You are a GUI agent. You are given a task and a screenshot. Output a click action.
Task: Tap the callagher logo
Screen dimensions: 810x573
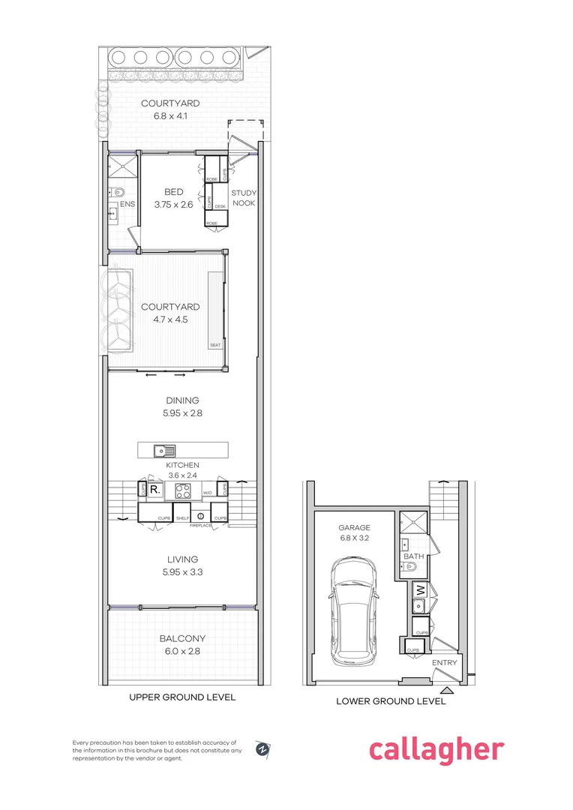pos(436,749)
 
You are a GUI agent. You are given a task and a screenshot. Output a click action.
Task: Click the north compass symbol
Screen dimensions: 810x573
pos(263,748)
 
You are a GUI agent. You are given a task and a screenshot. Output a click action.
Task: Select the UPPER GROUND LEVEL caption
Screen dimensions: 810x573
pos(182,697)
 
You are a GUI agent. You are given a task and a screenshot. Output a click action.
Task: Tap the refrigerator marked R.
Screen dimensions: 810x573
pos(155,490)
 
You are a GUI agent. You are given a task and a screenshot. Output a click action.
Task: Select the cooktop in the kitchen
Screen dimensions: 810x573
pos(183,491)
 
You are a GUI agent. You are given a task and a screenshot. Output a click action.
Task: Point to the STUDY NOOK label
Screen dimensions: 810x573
pos(244,197)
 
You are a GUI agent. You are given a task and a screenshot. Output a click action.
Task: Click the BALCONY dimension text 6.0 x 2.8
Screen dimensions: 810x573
pos(182,651)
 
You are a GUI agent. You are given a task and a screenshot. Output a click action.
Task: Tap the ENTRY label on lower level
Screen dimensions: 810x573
pos(443,664)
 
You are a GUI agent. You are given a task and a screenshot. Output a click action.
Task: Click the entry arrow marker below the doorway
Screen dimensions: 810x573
pos(447,689)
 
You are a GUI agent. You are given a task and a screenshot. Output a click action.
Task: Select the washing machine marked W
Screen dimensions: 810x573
pos(419,589)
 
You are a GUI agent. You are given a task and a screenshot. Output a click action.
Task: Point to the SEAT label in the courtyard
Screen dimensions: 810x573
pos(214,346)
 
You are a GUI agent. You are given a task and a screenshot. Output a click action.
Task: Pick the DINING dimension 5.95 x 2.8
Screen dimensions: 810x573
pos(182,412)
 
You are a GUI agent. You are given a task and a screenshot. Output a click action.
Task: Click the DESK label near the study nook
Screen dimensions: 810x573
pos(220,206)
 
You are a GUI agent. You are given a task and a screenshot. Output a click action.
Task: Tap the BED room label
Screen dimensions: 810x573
pos(174,192)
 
